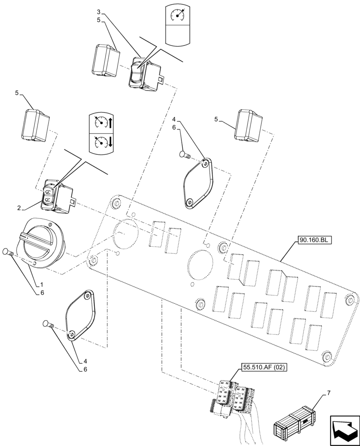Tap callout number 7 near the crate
329,392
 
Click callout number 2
20,208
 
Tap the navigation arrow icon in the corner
344,429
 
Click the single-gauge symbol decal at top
178,15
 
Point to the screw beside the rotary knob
9,252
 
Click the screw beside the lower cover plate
47,324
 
